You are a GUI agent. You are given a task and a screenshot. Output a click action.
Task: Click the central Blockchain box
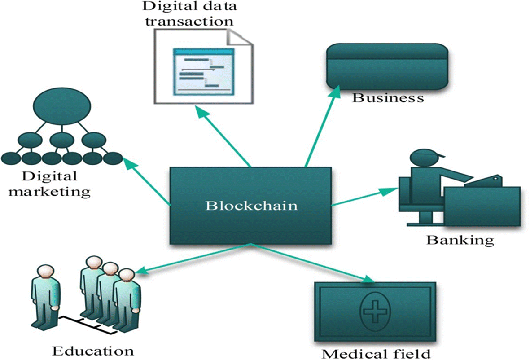click(x=250, y=206)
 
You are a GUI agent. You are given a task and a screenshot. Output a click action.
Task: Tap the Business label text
click(x=388, y=98)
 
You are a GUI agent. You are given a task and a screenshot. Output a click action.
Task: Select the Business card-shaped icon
click(x=387, y=66)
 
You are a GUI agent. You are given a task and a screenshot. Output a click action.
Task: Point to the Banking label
click(x=460, y=240)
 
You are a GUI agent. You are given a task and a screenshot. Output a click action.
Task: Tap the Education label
click(x=93, y=350)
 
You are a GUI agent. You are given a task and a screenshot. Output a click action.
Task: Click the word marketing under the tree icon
click(x=50, y=192)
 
